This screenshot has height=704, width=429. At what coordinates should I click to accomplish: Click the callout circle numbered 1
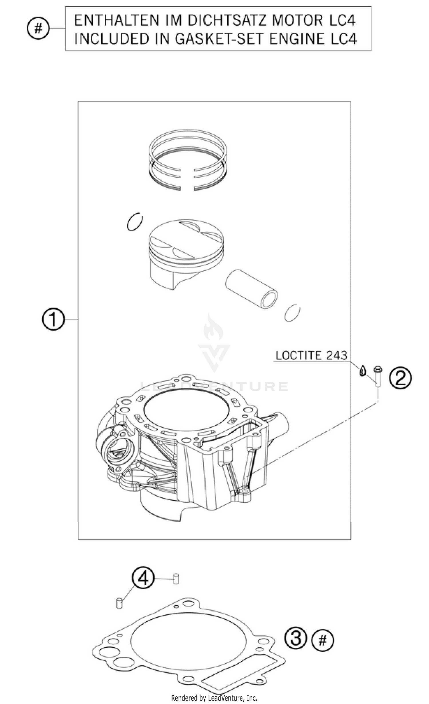click(53, 319)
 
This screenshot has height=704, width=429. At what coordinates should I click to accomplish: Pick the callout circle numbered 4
click(143, 578)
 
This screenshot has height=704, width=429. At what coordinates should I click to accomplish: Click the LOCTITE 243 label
click(311, 355)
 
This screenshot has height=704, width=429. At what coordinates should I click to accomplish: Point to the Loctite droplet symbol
click(363, 371)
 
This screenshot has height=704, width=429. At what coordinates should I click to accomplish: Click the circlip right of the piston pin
click(292, 313)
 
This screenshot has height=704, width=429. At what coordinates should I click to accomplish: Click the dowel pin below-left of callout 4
click(119, 602)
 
